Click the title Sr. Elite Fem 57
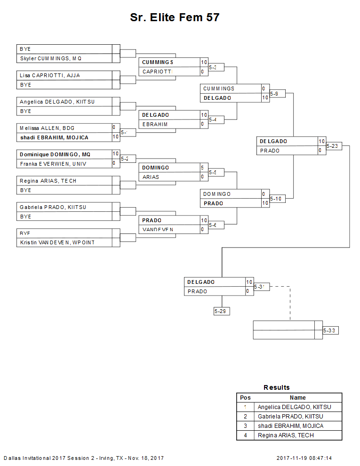pyautogui.click(x=175, y=18)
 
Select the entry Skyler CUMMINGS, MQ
pyautogui.click(x=51, y=58)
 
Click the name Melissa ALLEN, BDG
pyautogui.click(x=47, y=128)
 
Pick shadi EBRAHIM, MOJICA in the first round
pyautogui.click(x=54, y=137)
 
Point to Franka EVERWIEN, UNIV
pyautogui.click(x=53, y=164)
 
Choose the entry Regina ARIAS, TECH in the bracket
pyautogui.click(x=48, y=181)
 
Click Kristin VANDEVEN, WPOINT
pyautogui.click(x=57, y=242)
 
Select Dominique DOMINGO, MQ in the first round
pyautogui.click(x=55, y=154)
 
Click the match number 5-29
pyautogui.click(x=221, y=311)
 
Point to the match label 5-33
pyautogui.click(x=330, y=330)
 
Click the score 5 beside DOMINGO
pyautogui.click(x=202, y=168)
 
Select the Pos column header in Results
pyautogui.click(x=246, y=398)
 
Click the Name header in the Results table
pyautogui.click(x=297, y=398)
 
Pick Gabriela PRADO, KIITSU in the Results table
pyautogui.click(x=290, y=417)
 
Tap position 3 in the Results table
pyautogui.click(x=246, y=426)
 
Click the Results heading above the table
pyautogui.click(x=277, y=387)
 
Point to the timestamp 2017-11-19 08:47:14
pyautogui.click(x=304, y=458)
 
